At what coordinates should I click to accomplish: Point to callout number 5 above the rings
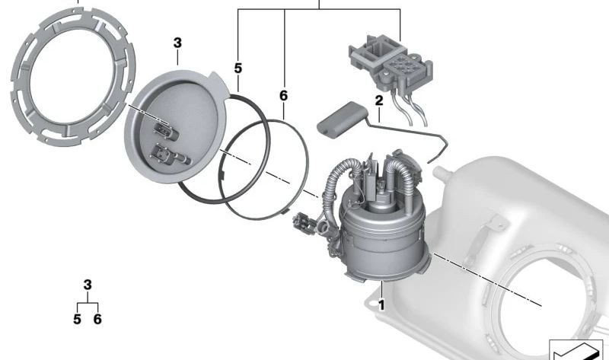tap(238, 68)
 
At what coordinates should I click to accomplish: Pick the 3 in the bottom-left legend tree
tap(88, 285)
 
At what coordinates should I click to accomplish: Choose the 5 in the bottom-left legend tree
tap(77, 319)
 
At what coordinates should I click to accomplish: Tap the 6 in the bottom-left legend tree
tap(97, 319)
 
